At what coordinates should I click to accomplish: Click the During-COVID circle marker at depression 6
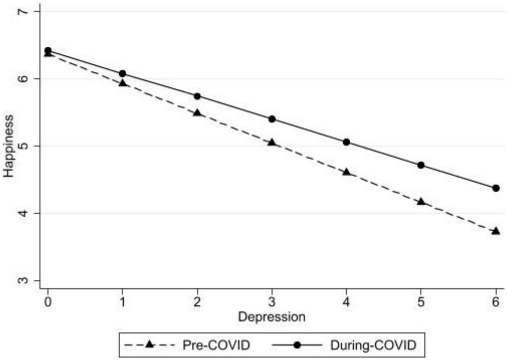[x=496, y=188]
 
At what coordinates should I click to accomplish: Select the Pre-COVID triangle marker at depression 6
[x=496, y=231]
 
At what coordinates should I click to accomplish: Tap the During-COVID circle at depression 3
[x=272, y=119]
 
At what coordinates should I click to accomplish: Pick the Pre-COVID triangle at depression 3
[x=272, y=143]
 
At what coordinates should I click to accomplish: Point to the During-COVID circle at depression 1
[x=123, y=74]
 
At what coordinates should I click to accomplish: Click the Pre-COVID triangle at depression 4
[x=346, y=172]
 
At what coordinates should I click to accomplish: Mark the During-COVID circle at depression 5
[x=421, y=165]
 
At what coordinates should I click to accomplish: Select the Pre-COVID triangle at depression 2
[x=197, y=113]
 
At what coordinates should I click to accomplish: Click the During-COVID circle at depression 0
[x=48, y=50]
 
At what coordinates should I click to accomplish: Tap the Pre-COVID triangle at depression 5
[x=421, y=202]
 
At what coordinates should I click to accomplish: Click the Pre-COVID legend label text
[x=216, y=345]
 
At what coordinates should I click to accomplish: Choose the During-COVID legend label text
[x=373, y=345]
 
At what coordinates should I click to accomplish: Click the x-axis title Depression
[x=272, y=317]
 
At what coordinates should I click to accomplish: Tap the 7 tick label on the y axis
[x=23, y=12]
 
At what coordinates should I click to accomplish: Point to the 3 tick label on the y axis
[x=23, y=280]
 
